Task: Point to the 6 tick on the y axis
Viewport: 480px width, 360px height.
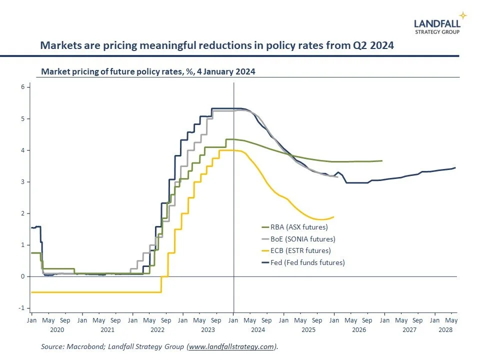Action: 22,87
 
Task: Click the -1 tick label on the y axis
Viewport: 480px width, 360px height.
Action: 21,308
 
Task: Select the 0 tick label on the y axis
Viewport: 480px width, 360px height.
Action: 22,276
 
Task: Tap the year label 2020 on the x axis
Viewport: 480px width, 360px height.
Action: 56,330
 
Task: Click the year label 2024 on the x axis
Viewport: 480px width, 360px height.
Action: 258,330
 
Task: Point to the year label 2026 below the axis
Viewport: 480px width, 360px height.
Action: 359,330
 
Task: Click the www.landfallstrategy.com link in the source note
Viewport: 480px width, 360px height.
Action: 232,346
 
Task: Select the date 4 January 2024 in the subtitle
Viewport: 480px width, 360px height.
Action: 224,71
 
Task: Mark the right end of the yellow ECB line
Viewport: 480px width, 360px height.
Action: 333,217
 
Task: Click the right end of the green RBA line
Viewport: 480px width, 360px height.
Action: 382,160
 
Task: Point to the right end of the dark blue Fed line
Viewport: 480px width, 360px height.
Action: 455,167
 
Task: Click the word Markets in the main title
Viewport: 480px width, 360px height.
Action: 58,45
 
